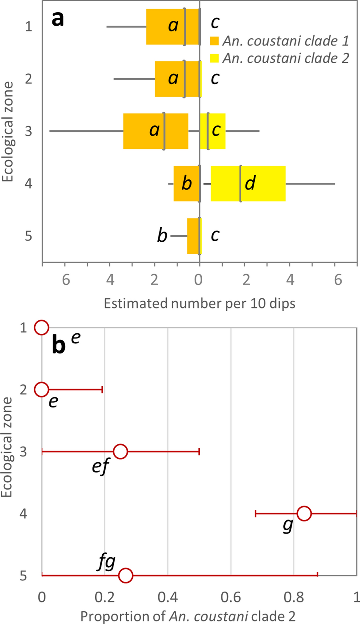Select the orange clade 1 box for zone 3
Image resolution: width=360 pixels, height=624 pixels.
[141, 131]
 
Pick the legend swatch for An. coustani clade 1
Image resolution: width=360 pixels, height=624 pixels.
[214, 41]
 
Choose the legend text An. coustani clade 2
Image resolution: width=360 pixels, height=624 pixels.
[286, 58]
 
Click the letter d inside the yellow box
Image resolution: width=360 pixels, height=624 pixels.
[250, 183]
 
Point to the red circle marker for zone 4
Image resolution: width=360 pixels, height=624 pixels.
[304, 513]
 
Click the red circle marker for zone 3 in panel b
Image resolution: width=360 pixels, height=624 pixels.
[120, 452]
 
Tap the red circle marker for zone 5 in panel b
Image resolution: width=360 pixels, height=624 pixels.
[126, 575]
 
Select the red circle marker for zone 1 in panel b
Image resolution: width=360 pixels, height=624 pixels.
[42, 327]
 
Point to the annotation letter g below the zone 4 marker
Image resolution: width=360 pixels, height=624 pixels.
[288, 526]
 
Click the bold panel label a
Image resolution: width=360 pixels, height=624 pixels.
[58, 19]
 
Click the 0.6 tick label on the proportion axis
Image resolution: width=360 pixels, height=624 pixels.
[231, 597]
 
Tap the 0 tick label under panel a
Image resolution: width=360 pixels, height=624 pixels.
[199, 280]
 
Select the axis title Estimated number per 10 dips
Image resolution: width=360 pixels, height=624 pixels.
[199, 304]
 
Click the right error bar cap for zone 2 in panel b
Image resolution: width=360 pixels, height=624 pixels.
[102, 390]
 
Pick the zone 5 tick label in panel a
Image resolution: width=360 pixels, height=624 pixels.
[29, 236]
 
